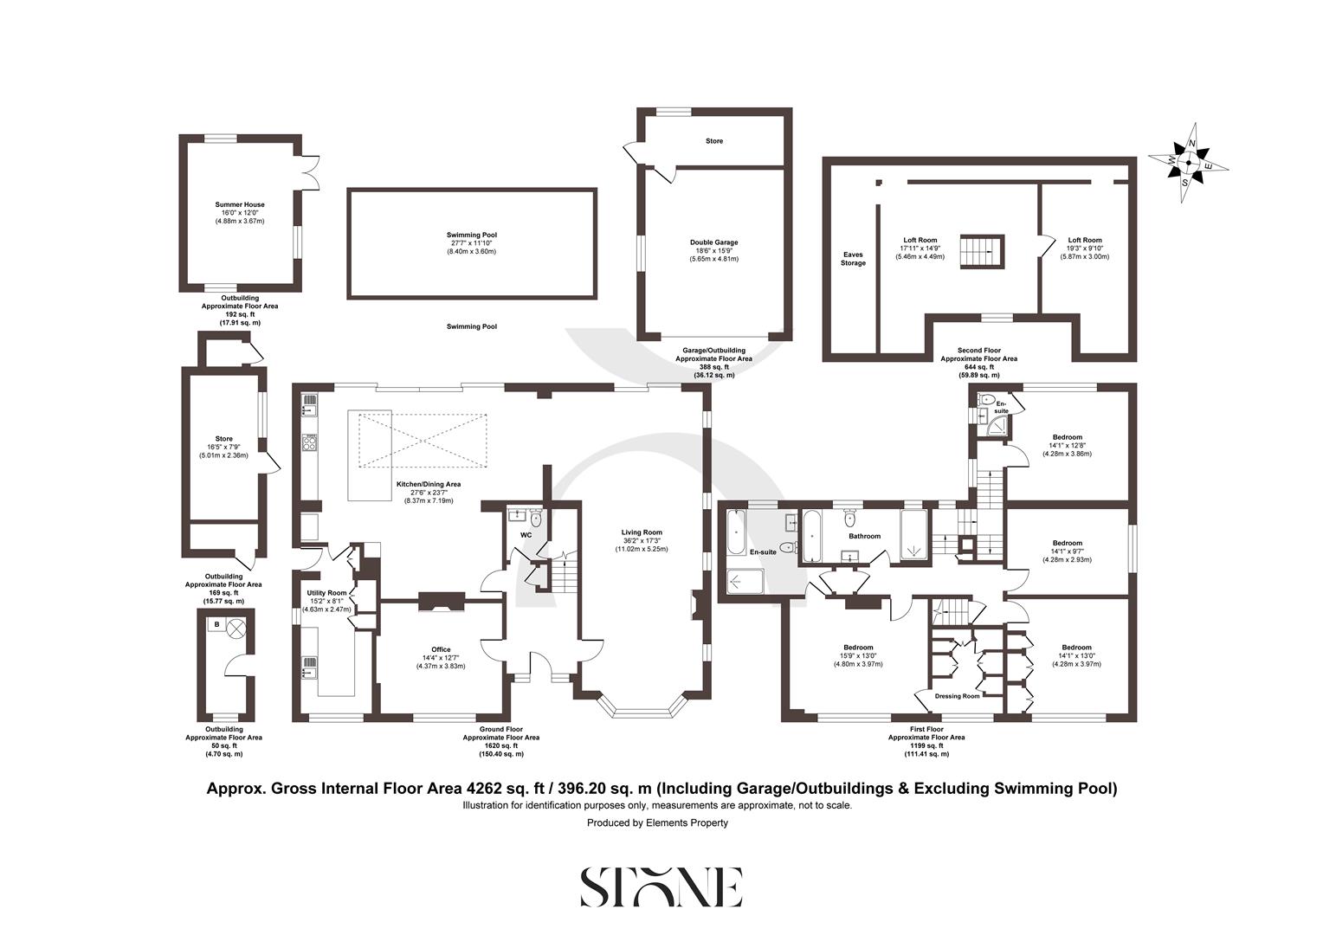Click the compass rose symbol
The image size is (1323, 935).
pos(1190,162)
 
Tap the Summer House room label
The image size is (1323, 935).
pos(240,205)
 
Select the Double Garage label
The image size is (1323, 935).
pos(713,242)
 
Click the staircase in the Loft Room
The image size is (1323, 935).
pos(981,251)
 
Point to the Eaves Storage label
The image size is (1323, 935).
pos(852,258)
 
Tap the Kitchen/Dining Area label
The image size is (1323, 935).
pos(428,485)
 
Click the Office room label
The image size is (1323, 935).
pos(441,649)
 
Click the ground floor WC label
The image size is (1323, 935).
pos(526,535)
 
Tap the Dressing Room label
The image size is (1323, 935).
pos(958,696)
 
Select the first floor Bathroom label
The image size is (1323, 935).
pos(863,536)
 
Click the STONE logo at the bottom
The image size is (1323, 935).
pos(661,887)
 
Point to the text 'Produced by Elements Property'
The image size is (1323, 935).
pos(657,822)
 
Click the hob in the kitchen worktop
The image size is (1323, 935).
pos(310,442)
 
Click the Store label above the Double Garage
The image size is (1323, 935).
pos(713,140)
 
